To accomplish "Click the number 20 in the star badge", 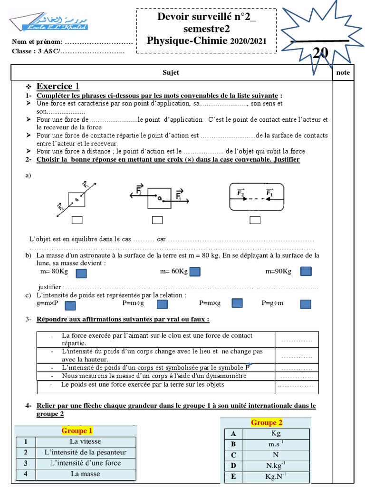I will (320, 53).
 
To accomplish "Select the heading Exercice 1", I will (58, 87).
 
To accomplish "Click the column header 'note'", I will (343, 73).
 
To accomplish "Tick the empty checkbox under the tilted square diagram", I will (77, 220).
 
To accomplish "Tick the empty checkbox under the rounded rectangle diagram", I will (255, 220).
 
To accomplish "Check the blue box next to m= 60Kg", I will (195, 272).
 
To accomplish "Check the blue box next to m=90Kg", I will (307, 271).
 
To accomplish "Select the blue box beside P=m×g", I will (237, 303).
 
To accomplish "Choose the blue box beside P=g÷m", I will (306, 303).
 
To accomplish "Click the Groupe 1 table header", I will (77, 431).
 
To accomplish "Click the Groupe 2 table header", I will (267, 423).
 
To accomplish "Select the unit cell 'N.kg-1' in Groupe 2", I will (276, 466).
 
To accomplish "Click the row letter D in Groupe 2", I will (233, 466).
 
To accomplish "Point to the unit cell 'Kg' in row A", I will (276, 434).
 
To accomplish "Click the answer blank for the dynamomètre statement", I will (297, 377).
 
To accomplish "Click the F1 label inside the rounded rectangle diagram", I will (269, 193).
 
